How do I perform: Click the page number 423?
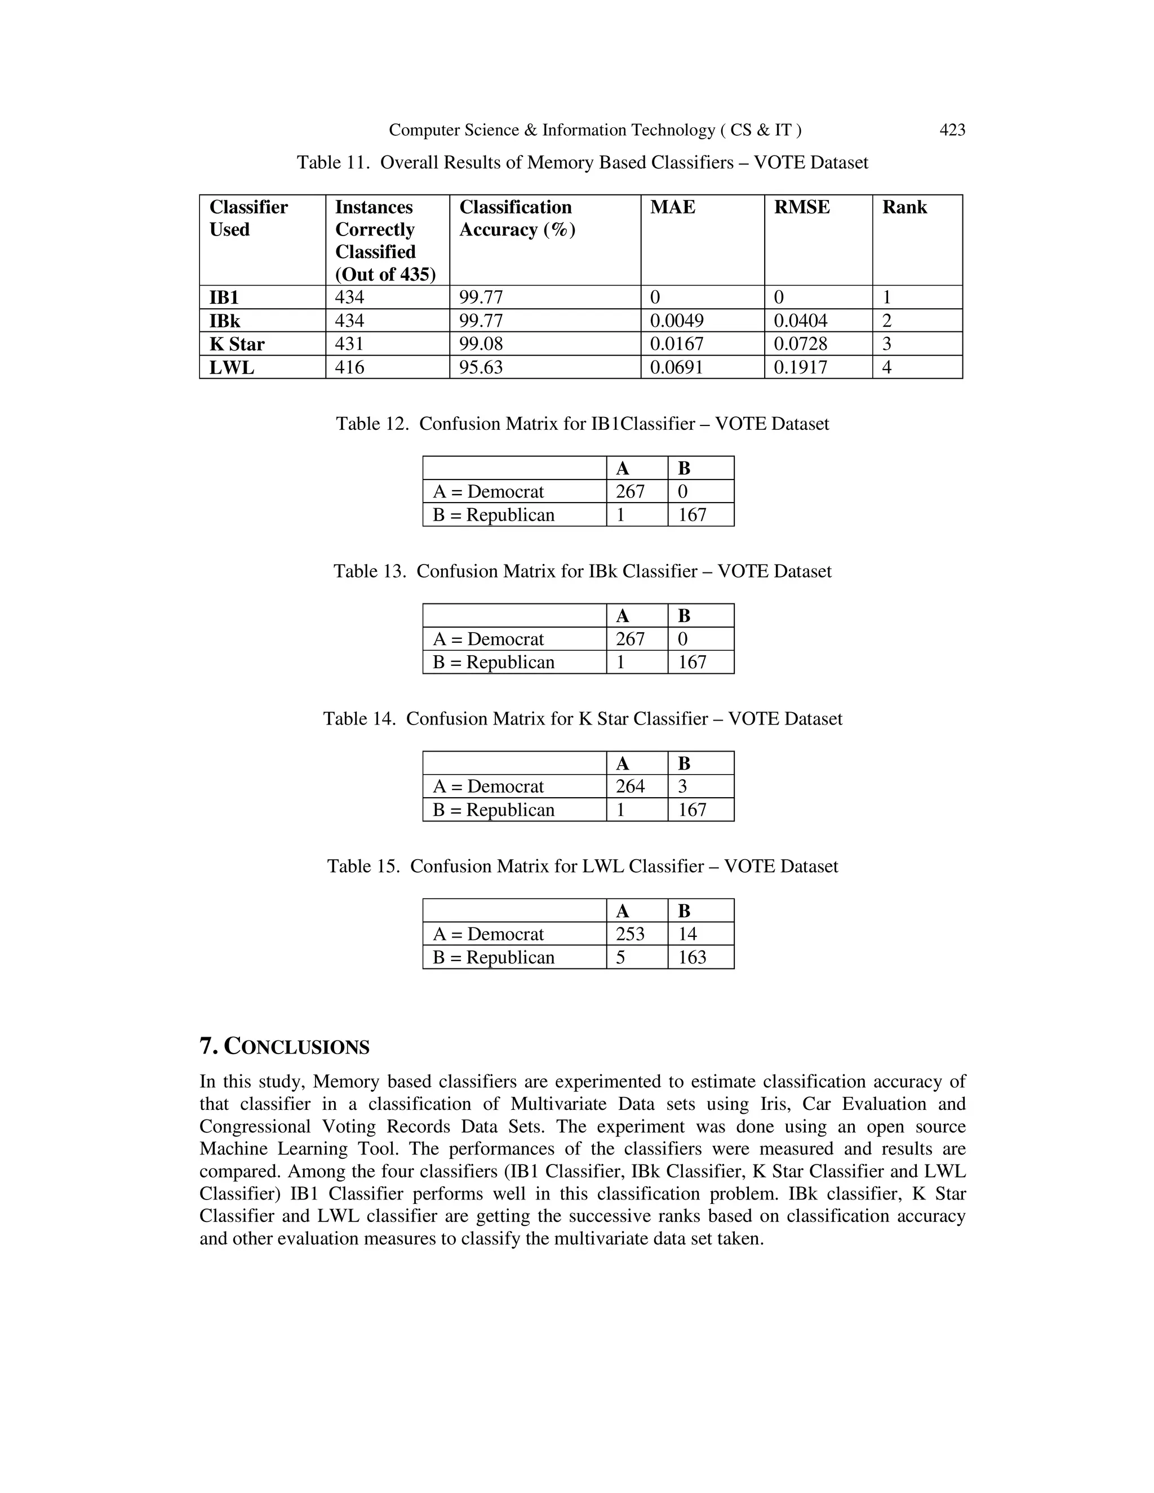[952, 130]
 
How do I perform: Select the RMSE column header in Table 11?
[801, 207]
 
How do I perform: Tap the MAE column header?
[672, 207]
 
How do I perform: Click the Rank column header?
[904, 207]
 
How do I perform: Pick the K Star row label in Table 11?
[237, 344]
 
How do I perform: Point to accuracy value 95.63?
[481, 367]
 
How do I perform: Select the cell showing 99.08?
[481, 344]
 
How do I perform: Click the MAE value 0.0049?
[676, 321]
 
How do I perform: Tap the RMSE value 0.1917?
[800, 367]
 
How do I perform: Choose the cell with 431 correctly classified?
[349, 344]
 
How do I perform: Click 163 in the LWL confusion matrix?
[692, 957]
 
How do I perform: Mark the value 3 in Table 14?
[682, 786]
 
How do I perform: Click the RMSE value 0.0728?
[800, 344]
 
